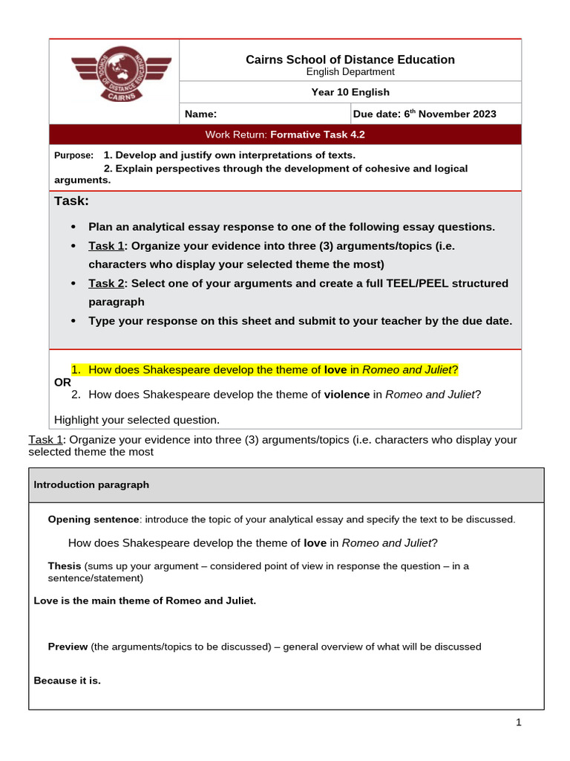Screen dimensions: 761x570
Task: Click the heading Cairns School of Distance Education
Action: (x=350, y=59)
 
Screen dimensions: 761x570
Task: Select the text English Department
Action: (x=350, y=72)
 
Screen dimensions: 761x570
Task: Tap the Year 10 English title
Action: (x=350, y=92)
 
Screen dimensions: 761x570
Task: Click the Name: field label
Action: (x=200, y=114)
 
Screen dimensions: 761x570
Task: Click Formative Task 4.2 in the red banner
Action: (x=318, y=135)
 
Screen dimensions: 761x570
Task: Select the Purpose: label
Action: (x=74, y=155)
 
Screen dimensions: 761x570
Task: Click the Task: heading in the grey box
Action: (x=71, y=201)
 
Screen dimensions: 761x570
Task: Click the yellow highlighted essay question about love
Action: (x=264, y=370)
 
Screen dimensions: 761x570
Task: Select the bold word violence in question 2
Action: (x=347, y=395)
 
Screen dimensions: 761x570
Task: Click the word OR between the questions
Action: (x=63, y=382)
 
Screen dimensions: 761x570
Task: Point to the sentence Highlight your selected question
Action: (x=137, y=419)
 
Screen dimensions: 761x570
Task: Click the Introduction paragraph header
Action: (x=91, y=485)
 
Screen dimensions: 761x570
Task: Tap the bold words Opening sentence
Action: (x=93, y=519)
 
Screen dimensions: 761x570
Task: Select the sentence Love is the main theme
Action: (x=145, y=600)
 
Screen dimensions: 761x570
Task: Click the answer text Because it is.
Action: (x=67, y=681)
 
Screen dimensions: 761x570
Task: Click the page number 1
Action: (x=519, y=722)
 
